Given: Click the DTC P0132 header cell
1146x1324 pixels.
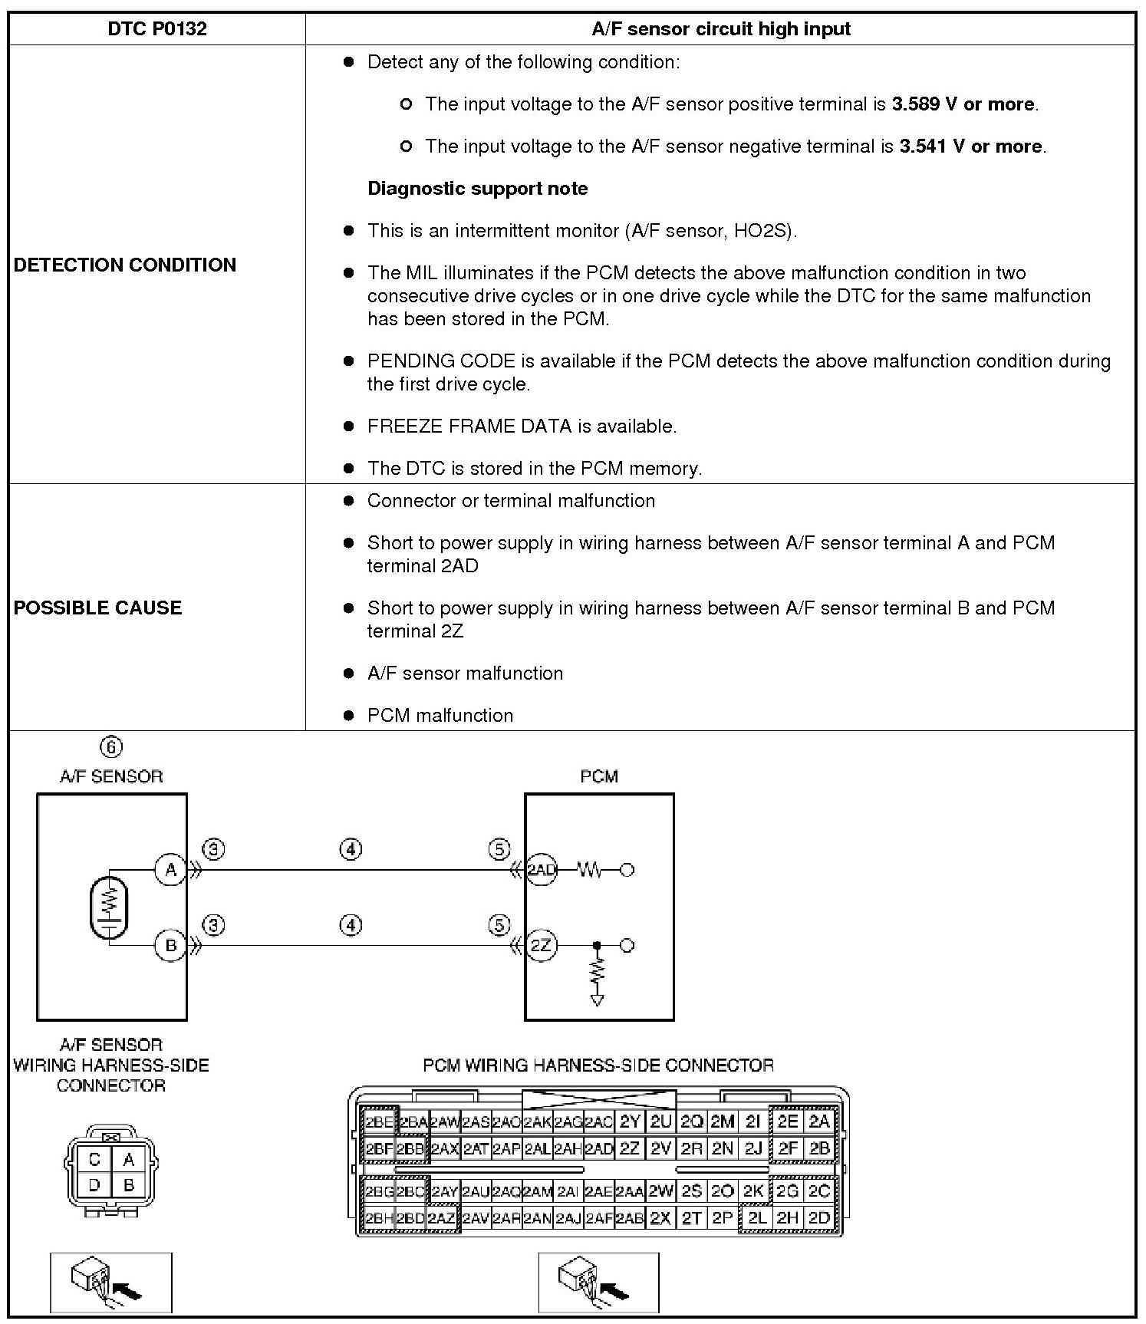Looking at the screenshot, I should (x=156, y=29).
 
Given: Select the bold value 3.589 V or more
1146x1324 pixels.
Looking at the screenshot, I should (x=963, y=104).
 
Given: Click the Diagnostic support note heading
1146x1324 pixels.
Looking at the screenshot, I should (x=477, y=189).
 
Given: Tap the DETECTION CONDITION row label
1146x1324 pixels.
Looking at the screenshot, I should (x=125, y=265).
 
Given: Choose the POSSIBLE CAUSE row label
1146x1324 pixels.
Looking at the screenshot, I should (x=98, y=608).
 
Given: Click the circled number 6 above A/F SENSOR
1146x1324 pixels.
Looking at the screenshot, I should (x=111, y=747).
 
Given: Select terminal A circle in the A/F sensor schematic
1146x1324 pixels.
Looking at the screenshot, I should (x=170, y=870).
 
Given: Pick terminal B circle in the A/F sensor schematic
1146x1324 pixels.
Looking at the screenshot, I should (x=170, y=945).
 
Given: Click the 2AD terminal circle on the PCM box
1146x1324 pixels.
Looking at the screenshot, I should (x=542, y=870).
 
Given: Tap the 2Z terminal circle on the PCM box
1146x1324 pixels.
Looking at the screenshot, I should (x=542, y=945).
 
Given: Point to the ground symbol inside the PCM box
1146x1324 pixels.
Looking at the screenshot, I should (x=597, y=1000).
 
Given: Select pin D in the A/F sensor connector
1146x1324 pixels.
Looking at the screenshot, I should (x=94, y=1185).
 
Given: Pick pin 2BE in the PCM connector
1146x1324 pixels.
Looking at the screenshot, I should (x=379, y=1122).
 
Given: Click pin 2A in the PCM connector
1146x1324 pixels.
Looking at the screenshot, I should (x=819, y=1122).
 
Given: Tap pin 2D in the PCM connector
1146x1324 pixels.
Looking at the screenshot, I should (x=819, y=1218).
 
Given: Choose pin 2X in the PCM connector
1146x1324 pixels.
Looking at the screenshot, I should (x=660, y=1218).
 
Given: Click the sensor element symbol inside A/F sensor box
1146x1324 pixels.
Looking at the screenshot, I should (x=110, y=907).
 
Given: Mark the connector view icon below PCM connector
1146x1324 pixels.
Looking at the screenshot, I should (x=598, y=1283).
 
